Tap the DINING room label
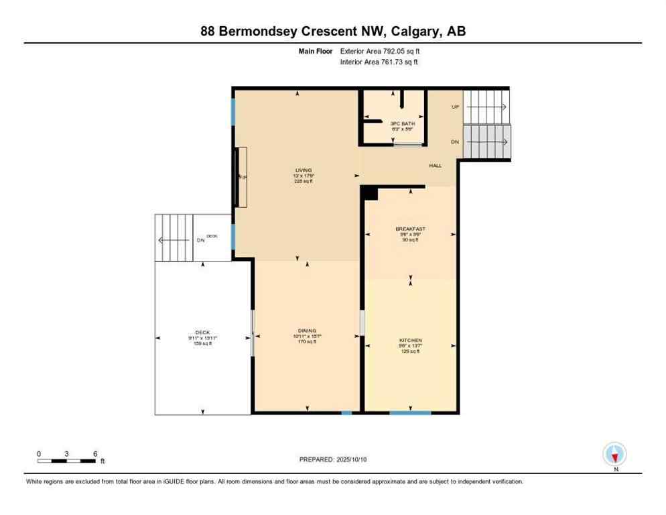307,331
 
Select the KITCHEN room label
410,340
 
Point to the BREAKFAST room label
410,229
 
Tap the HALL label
436,165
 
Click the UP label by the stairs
455,107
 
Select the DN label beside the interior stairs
455,141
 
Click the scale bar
66,461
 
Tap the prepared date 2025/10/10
332,459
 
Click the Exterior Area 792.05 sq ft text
380,51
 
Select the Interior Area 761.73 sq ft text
379,62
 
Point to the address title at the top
332,31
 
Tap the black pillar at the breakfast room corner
369,193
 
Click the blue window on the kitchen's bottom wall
410,412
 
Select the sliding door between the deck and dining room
252,333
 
